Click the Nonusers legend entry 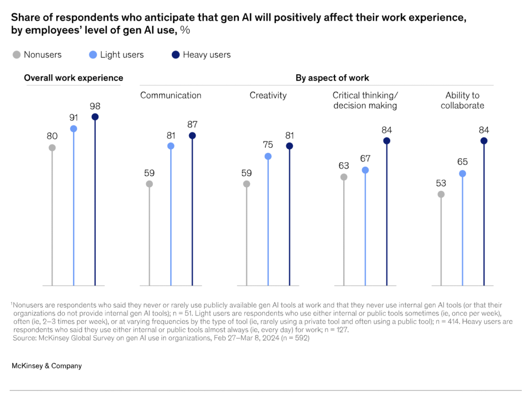point(37,55)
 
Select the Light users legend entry point(115,55)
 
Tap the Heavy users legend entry point(201,55)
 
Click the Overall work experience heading point(74,78)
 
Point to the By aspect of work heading point(332,78)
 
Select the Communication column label point(171,95)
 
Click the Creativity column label point(268,95)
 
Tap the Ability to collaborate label point(462,100)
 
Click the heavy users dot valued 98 point(95,117)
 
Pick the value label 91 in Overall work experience point(74,117)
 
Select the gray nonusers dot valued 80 point(52,148)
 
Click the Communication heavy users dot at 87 point(192,136)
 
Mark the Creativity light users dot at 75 point(268,156)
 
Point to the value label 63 point(344,166)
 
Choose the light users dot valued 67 point(365,170)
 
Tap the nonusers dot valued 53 point(441,194)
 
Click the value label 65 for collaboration point(462,162)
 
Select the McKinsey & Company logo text point(46,366)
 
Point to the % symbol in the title point(185,30)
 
